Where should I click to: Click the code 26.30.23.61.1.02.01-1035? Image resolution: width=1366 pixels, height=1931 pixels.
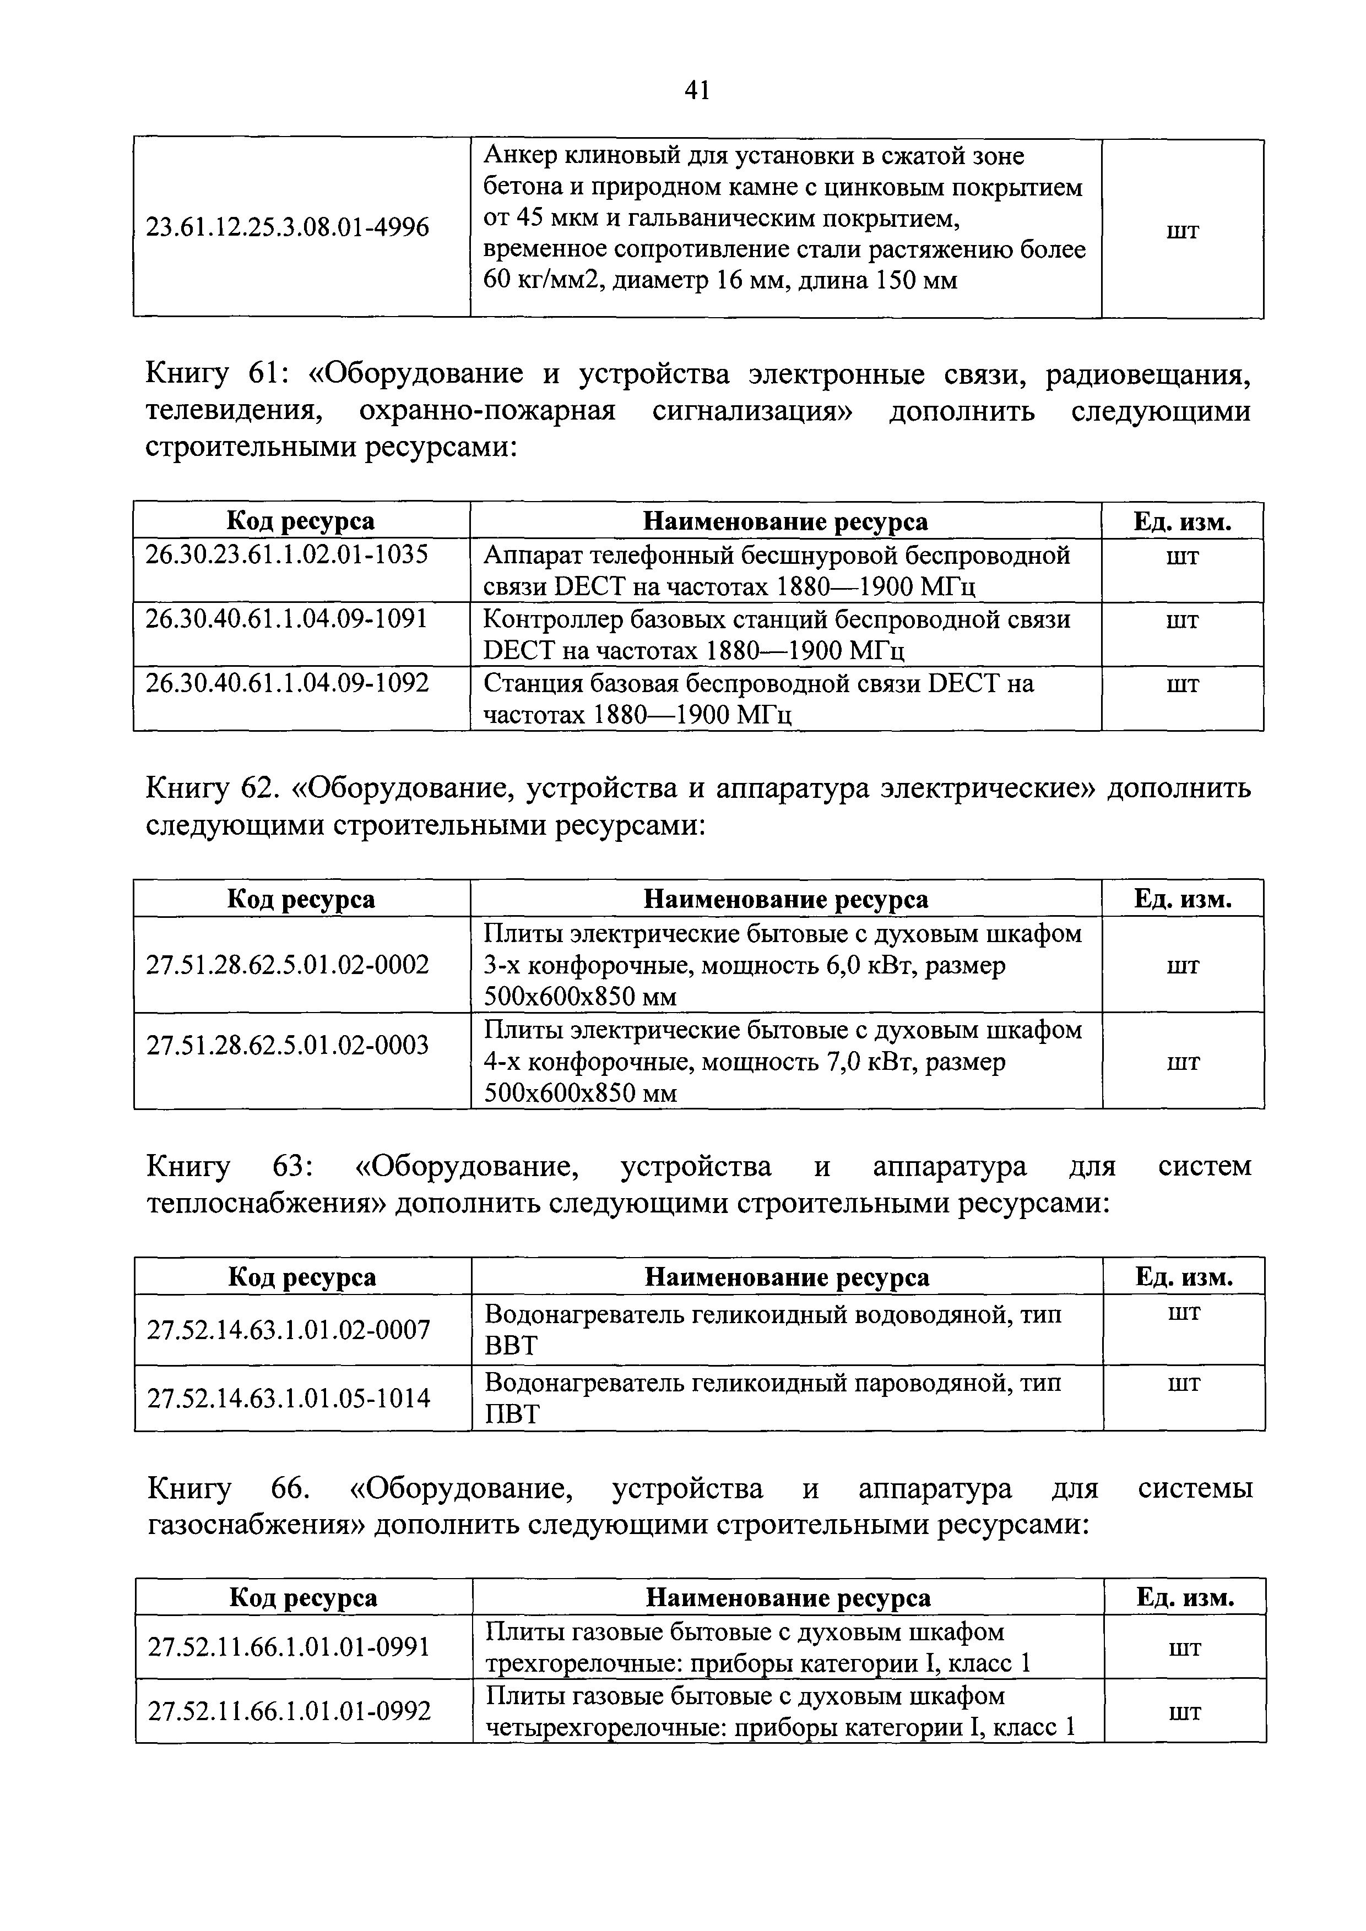click(287, 554)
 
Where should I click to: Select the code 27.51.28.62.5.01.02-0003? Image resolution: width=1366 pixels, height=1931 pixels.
click(288, 1046)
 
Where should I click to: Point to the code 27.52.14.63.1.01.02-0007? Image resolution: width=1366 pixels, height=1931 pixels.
click(289, 1330)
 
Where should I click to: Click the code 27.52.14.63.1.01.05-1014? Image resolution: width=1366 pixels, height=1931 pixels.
click(289, 1398)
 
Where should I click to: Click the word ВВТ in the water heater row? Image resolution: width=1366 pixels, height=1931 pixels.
click(511, 1346)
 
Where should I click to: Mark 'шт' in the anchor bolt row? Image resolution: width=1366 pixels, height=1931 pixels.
click(1183, 229)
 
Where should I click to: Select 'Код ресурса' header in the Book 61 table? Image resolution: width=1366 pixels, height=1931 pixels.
click(301, 521)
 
